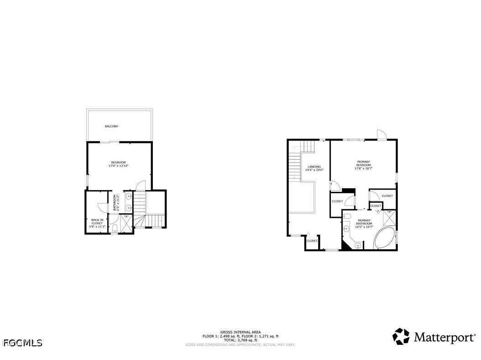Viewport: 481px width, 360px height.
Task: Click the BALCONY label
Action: [111, 126]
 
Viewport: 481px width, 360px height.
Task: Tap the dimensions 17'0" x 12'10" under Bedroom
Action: [118, 166]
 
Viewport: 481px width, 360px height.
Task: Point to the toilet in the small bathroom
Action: [115, 228]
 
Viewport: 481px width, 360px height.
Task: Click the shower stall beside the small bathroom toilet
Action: [125, 224]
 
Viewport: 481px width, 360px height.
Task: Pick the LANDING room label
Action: [314, 166]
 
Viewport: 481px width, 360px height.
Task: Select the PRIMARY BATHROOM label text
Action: [364, 222]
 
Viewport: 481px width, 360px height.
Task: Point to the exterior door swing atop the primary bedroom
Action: [382, 134]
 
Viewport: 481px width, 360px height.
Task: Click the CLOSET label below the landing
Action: [312, 241]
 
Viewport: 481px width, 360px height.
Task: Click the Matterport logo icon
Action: [401, 337]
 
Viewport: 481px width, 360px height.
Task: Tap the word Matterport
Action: [444, 338]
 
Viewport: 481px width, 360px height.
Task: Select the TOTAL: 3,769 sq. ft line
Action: [240, 340]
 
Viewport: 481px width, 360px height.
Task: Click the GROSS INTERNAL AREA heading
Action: [240, 332]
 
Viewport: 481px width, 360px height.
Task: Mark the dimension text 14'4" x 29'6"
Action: [314, 170]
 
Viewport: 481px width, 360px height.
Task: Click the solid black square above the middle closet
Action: [349, 191]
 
